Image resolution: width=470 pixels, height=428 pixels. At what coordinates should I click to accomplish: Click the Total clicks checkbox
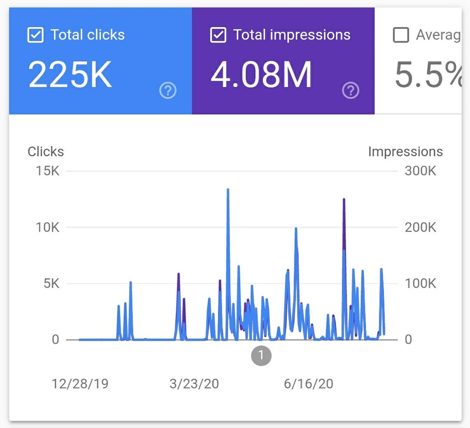tap(35, 35)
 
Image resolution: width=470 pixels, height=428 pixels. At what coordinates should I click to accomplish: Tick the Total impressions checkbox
tap(218, 35)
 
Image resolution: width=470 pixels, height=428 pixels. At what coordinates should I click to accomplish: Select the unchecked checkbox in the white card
tap(401, 35)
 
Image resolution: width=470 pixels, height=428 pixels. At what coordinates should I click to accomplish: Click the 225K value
tap(70, 74)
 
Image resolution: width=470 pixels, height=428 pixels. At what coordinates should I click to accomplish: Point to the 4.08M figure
tap(261, 74)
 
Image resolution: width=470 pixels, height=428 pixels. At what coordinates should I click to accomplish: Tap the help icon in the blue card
tap(168, 91)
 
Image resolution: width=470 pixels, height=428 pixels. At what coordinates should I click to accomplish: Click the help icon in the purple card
tap(350, 91)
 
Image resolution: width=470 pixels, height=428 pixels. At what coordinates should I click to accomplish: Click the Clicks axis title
tap(45, 152)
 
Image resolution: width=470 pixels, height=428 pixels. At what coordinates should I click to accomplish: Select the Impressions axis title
tap(405, 152)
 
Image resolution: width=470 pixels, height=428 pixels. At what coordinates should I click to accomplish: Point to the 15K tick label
tap(48, 171)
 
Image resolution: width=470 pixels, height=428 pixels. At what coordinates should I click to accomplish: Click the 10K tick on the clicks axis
tap(48, 227)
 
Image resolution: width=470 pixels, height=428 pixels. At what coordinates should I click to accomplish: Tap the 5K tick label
tap(51, 283)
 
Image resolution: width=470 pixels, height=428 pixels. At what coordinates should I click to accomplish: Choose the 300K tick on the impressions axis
tap(420, 171)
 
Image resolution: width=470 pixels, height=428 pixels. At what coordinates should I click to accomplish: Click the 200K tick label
tap(420, 227)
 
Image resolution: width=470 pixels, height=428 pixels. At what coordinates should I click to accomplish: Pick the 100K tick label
tap(420, 283)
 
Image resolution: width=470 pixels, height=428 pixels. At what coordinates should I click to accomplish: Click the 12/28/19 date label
tap(80, 384)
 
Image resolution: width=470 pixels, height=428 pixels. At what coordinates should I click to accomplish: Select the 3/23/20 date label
tap(194, 384)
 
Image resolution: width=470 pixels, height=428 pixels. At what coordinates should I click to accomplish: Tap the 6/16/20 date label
tap(308, 384)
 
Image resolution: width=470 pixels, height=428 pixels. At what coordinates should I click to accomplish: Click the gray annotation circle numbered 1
tap(261, 355)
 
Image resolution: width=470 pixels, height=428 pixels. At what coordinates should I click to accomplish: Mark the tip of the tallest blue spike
tap(228, 189)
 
